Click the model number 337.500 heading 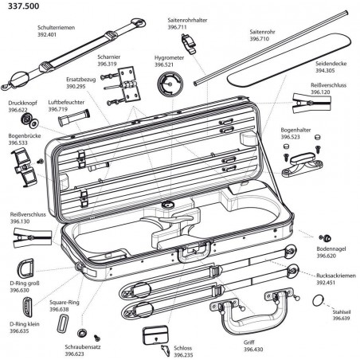click(24, 6)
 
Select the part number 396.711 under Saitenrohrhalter click(177, 27)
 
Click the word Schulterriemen click(56, 28)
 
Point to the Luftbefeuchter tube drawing click(74, 118)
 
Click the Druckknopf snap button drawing click(29, 120)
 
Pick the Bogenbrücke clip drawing click(25, 167)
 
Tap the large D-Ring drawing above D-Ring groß click(25, 268)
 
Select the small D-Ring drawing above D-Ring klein click(27, 307)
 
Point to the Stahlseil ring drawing click(318, 301)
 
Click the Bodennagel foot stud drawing click(325, 238)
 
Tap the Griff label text click(248, 342)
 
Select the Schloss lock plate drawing click(155, 335)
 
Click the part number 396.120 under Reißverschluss click(320, 92)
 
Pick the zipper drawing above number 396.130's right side click(33, 237)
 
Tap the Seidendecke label click(331, 64)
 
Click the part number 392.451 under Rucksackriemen click(326, 283)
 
